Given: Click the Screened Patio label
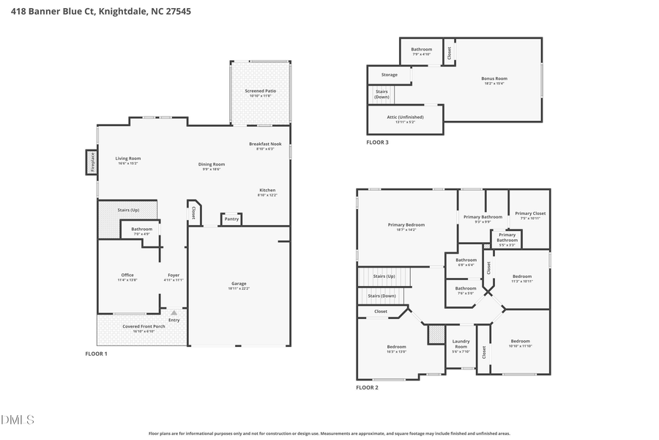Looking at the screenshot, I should [260, 91].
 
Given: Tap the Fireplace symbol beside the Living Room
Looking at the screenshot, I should [92, 162].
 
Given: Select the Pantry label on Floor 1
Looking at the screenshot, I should [231, 219].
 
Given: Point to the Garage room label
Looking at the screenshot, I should [239, 283].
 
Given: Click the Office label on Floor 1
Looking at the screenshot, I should [127, 275].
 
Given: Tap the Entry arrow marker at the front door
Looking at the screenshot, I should [174, 312].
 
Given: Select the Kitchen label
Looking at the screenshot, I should [267, 190].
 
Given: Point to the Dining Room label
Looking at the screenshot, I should [212, 164].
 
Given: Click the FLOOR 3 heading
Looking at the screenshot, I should [377, 142].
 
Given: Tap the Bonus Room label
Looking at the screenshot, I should [494, 78].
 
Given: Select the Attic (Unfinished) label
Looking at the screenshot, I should [405, 117].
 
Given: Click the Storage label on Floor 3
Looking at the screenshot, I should [390, 75].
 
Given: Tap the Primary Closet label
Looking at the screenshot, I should [529, 213].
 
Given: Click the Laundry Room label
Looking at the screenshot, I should [461, 344].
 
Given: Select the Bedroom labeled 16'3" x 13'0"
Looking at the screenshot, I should [396, 347].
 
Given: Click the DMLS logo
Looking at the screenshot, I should [18, 419].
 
